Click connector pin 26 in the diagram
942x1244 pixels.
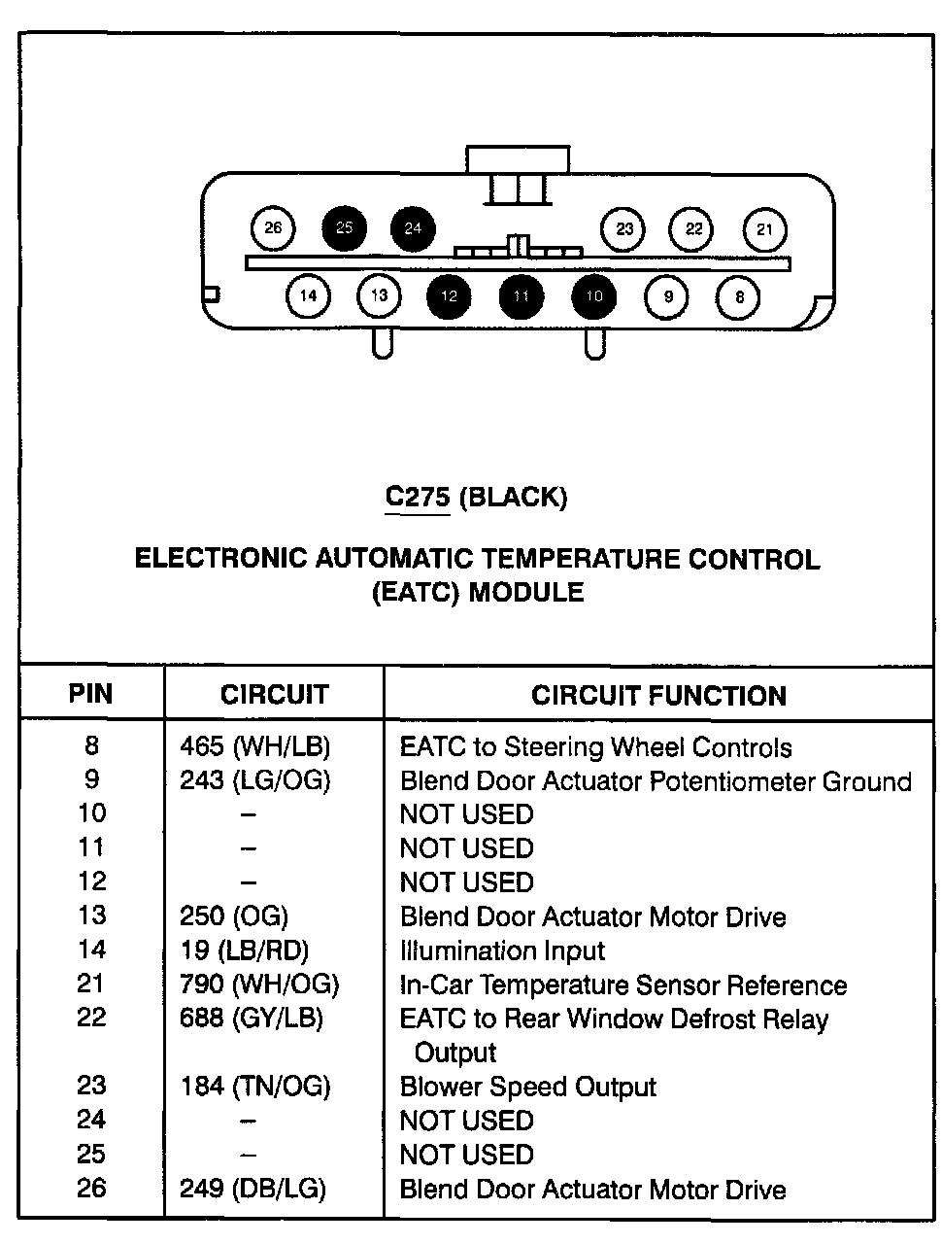273,228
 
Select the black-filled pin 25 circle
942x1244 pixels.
345,228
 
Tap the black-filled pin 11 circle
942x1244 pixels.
521,296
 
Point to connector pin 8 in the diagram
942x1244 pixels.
740,296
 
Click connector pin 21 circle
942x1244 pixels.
765,229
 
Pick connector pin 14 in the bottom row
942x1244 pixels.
308,296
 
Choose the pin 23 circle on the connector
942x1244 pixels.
624,229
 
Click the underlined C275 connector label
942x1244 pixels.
418,498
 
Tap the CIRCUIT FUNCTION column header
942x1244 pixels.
658,695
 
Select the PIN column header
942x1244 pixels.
90,694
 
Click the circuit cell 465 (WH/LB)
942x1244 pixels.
255,746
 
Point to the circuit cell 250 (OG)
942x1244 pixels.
234,916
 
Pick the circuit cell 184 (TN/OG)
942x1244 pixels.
255,1086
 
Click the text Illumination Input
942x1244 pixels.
502,950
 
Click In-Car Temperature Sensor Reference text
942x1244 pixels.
623,985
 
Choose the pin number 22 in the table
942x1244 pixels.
91,1018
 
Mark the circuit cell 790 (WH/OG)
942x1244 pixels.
259,985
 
